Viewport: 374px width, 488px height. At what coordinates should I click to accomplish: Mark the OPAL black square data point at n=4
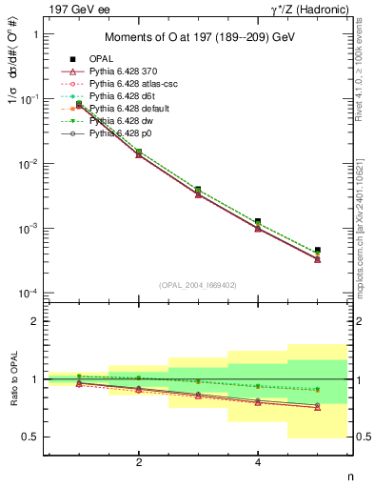pos(258,221)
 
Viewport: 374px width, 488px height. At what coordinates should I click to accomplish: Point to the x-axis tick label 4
pos(258,462)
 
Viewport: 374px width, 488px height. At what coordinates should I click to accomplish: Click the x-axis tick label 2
pos(139,462)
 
